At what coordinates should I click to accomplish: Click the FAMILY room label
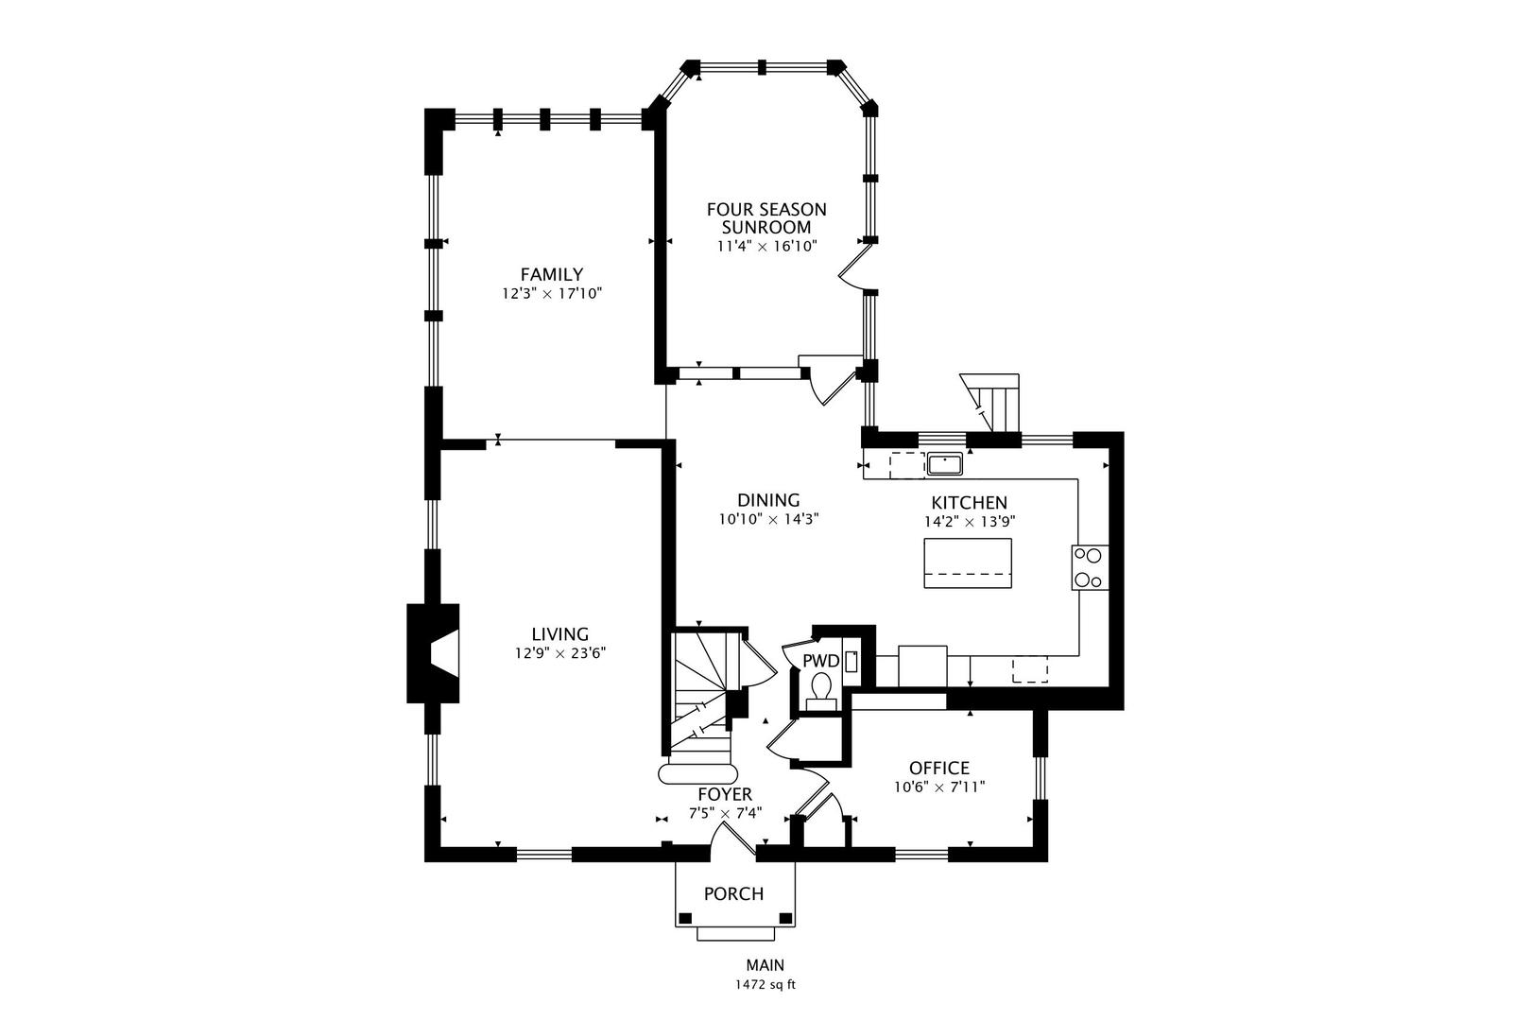552,274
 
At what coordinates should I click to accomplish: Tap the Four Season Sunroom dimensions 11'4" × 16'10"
766,246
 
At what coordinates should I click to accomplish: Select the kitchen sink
944,463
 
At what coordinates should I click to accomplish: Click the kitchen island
968,562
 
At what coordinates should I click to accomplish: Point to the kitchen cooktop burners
1090,567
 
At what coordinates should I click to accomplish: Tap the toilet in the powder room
820,691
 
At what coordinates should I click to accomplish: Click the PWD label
821,662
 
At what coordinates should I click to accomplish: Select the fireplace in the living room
434,653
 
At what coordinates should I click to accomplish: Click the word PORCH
734,893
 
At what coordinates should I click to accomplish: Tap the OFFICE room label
939,768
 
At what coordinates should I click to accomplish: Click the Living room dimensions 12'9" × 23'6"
560,653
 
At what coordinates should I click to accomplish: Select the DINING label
768,500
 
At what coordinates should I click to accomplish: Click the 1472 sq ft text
765,985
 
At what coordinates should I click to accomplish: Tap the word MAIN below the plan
765,965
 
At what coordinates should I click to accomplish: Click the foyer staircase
704,704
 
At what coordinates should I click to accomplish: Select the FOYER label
725,795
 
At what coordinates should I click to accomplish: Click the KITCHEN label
970,503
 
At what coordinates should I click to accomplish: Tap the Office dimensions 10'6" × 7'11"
939,787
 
